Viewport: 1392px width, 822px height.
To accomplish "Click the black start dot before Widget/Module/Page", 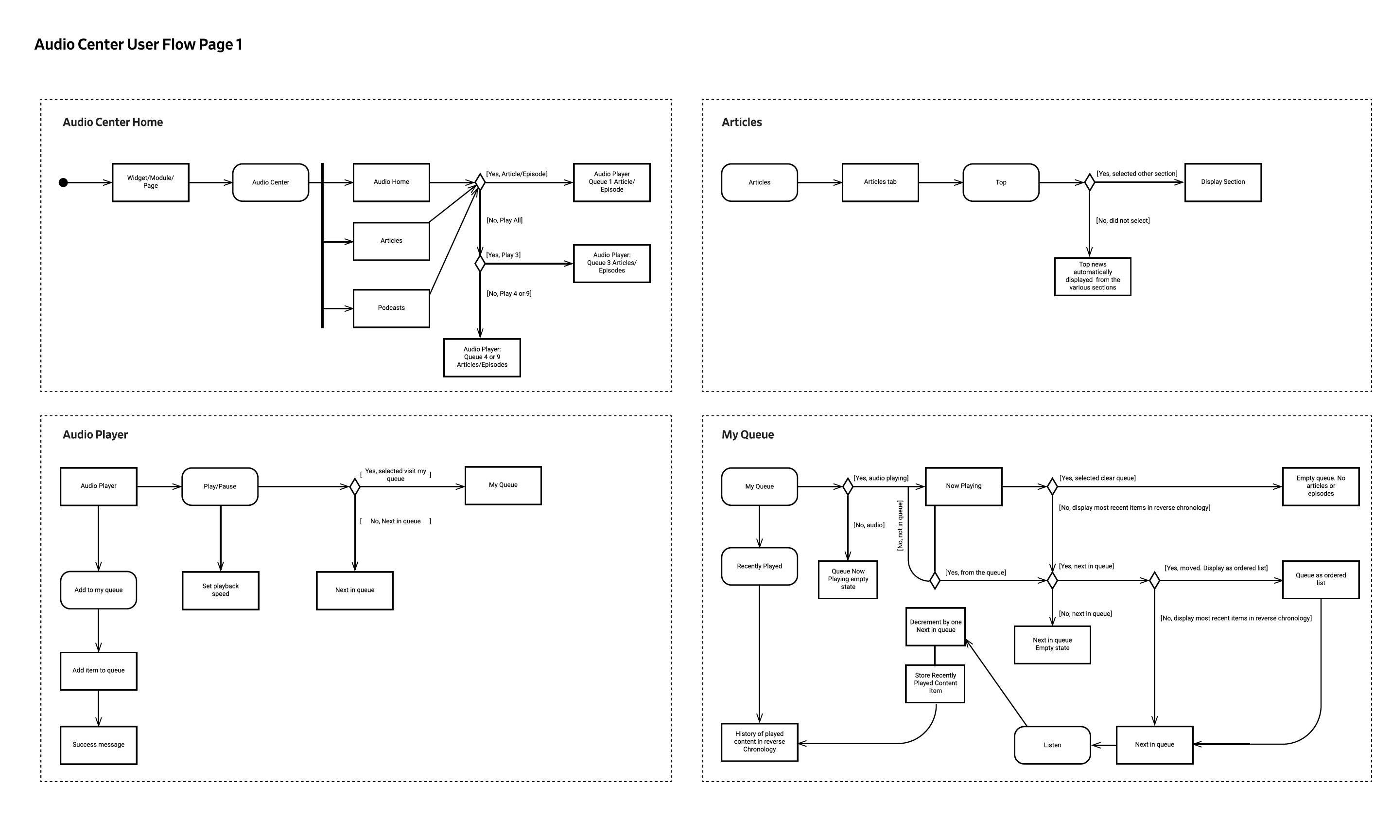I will coord(63,183).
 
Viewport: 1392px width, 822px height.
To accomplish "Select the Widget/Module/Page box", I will coord(151,182).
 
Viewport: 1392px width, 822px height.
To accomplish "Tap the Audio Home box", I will coord(391,182).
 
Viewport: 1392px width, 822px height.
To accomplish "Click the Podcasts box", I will coord(391,308).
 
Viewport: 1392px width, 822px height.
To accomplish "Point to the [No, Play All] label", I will coord(504,220).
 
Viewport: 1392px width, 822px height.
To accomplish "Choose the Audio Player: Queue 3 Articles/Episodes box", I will coord(611,263).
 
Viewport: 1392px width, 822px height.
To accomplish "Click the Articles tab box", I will coord(880,182).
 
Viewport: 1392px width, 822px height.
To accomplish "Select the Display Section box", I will coord(1223,182).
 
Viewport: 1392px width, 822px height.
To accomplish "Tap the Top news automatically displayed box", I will coord(1093,276).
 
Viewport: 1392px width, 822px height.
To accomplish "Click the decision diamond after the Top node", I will coord(1089,182).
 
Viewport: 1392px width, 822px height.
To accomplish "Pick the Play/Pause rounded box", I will coord(220,486).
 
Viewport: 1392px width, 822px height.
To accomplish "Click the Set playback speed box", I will coord(220,590).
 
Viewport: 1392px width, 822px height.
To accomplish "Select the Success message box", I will coord(99,745).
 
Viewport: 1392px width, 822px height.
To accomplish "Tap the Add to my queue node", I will coord(99,590).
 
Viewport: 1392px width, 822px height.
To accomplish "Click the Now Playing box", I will coord(964,486).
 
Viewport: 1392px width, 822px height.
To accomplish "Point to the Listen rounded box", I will coord(1052,745).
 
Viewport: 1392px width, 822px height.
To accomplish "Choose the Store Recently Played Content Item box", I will coord(936,683).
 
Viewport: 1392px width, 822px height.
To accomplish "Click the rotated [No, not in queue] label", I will coord(900,526).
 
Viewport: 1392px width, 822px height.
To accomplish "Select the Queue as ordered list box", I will coord(1321,579).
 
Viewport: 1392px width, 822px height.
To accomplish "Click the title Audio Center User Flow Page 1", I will coord(139,45).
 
